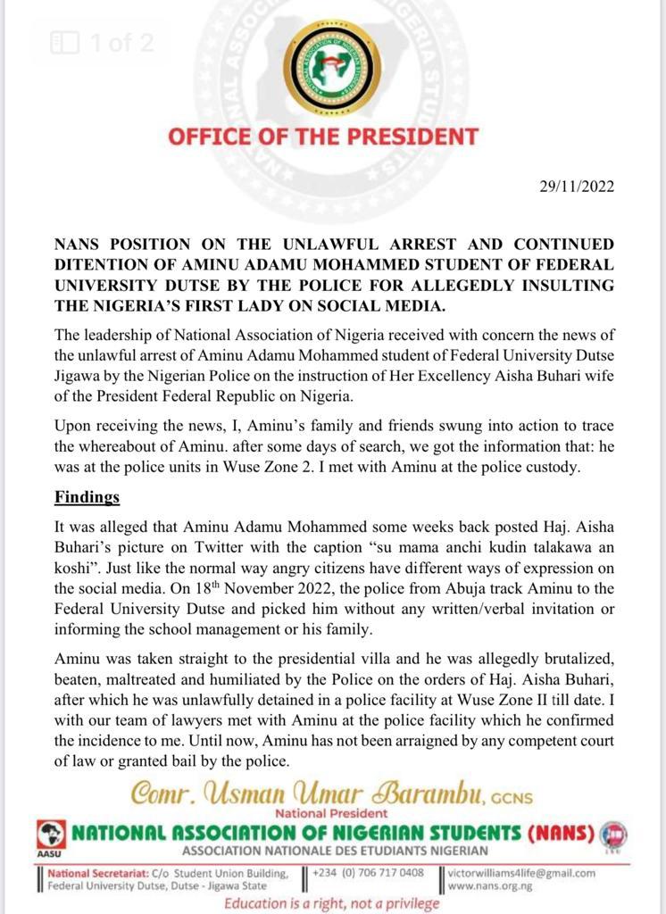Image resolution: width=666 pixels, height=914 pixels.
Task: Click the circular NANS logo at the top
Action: click(x=332, y=67)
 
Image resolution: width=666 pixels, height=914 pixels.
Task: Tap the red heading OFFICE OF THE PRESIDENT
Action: click(x=323, y=137)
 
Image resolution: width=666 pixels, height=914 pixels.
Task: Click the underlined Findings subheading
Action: click(x=87, y=495)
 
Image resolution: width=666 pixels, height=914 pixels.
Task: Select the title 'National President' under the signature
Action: click(x=332, y=813)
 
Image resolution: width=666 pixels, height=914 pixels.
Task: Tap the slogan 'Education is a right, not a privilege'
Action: click(x=331, y=903)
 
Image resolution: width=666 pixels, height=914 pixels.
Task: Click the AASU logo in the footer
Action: click(x=50, y=837)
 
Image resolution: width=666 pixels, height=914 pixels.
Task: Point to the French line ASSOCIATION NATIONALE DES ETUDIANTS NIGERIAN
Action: click(x=333, y=851)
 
